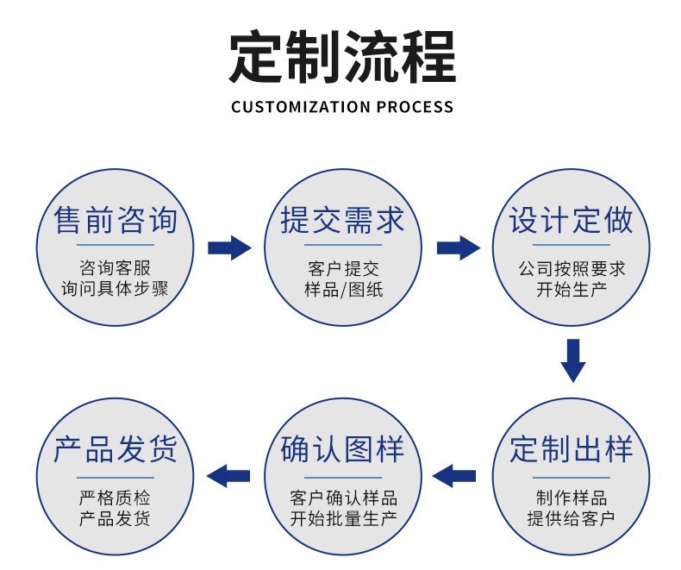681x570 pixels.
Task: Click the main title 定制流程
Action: click(x=341, y=58)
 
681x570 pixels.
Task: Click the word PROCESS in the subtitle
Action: click(x=415, y=107)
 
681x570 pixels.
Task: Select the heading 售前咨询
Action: click(x=116, y=221)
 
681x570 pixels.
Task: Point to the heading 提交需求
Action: click(x=343, y=221)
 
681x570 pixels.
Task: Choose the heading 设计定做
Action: click(x=572, y=221)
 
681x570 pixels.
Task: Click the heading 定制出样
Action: click(x=572, y=449)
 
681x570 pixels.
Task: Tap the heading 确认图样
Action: click(x=343, y=449)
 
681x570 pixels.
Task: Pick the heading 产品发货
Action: click(x=116, y=449)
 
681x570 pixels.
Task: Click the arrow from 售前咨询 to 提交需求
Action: click(x=229, y=248)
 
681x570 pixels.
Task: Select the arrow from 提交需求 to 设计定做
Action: click(x=458, y=248)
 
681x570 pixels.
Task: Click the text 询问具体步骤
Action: click(x=116, y=289)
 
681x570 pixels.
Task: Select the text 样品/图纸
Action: click(x=343, y=290)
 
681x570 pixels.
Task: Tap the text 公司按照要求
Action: click(x=572, y=269)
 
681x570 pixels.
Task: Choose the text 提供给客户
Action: click(x=572, y=519)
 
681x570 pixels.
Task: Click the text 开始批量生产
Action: click(x=343, y=519)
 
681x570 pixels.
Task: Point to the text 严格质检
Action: click(x=116, y=498)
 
